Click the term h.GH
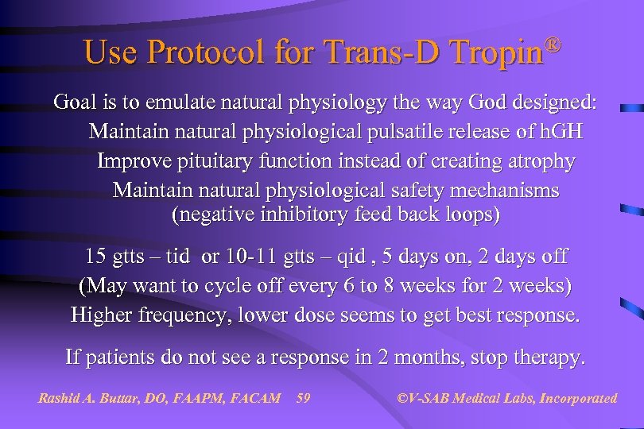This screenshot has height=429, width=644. (562, 132)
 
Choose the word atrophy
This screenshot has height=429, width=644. (537, 161)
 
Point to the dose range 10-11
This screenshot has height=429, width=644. (253, 257)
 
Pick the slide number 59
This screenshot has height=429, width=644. (303, 398)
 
